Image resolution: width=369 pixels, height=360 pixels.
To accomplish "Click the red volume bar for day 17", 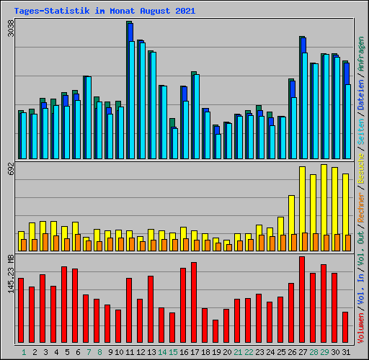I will click(x=194, y=303).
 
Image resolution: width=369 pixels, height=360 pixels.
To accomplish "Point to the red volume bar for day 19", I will click(x=215, y=332).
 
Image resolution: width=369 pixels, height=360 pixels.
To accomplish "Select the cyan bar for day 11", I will click(x=132, y=100).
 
